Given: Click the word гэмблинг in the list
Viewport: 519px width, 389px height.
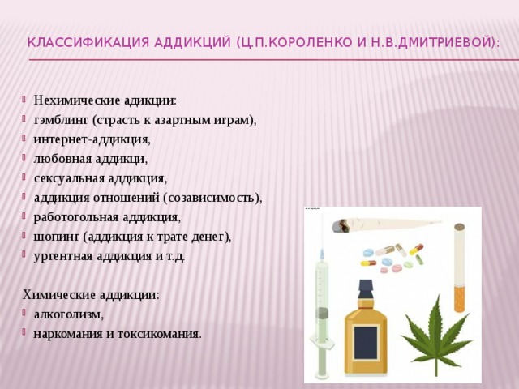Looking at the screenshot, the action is click(x=62, y=121).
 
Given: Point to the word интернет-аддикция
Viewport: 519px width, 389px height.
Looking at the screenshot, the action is click(x=92, y=140).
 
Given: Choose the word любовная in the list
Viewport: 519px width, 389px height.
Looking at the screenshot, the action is click(x=63, y=159).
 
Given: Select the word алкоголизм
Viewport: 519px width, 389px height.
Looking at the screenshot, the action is click(x=68, y=314).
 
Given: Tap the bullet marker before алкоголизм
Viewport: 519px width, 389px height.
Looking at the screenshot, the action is click(x=24, y=312).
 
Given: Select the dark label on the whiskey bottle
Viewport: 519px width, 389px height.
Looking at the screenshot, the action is click(x=366, y=343).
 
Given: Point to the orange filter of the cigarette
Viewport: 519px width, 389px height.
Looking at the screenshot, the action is click(x=460, y=299).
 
